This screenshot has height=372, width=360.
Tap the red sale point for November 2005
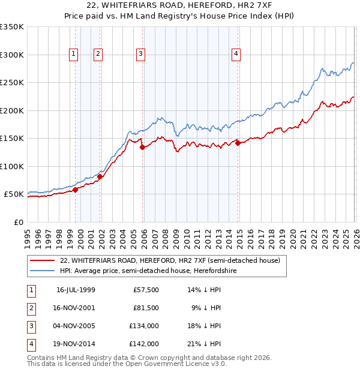(x=142, y=147)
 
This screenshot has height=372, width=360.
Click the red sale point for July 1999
(x=76, y=190)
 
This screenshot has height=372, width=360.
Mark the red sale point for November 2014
(x=238, y=143)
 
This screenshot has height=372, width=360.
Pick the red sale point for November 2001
(x=100, y=176)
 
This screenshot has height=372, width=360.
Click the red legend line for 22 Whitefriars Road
(x=43, y=261)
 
